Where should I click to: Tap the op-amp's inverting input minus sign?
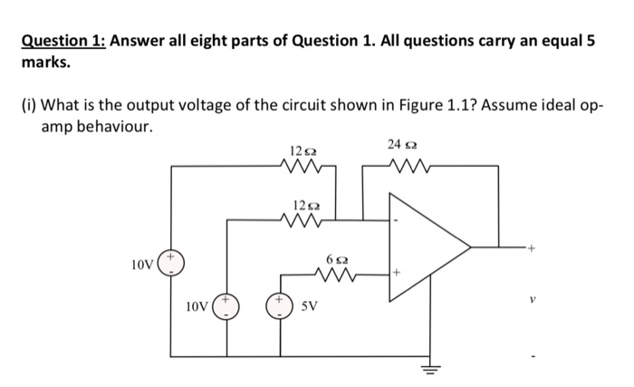[x=395, y=219]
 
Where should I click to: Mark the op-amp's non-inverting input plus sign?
[x=396, y=273]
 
